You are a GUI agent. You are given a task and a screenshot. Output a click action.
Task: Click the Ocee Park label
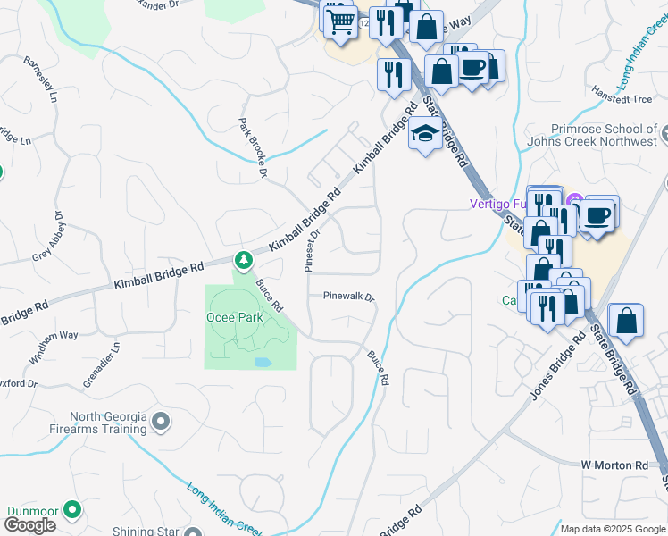pyautogui.click(x=237, y=317)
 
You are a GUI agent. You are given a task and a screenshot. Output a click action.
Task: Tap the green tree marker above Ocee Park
pyautogui.click(x=243, y=261)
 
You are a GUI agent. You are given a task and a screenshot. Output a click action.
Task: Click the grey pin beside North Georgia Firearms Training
pyautogui.click(x=161, y=421)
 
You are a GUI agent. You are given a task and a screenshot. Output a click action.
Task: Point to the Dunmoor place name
pyautogui.click(x=32, y=512)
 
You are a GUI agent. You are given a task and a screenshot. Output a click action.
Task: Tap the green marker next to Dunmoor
pyautogui.click(x=72, y=511)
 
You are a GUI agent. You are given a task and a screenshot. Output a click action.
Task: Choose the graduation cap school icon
pyautogui.click(x=424, y=136)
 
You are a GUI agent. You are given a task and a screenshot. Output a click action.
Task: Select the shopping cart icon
pyautogui.click(x=339, y=20)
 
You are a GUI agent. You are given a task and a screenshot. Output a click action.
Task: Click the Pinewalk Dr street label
pyautogui.click(x=348, y=296)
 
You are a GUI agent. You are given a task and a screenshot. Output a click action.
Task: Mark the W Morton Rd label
pyautogui.click(x=614, y=465)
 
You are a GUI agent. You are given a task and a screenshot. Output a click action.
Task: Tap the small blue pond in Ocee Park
pyautogui.click(x=263, y=363)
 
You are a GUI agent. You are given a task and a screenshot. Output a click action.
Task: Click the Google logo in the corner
pyautogui.click(x=29, y=525)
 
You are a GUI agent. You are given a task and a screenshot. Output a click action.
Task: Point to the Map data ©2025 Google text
pyautogui.click(x=613, y=529)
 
